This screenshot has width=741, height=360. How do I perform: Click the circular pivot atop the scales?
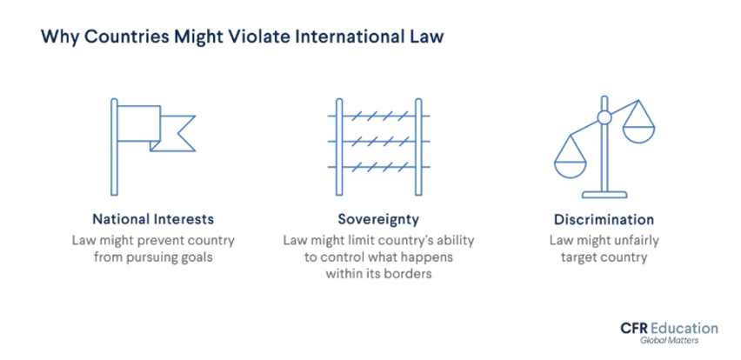604,117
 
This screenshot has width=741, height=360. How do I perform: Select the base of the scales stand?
605,192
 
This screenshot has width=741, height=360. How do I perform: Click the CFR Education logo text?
669,328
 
